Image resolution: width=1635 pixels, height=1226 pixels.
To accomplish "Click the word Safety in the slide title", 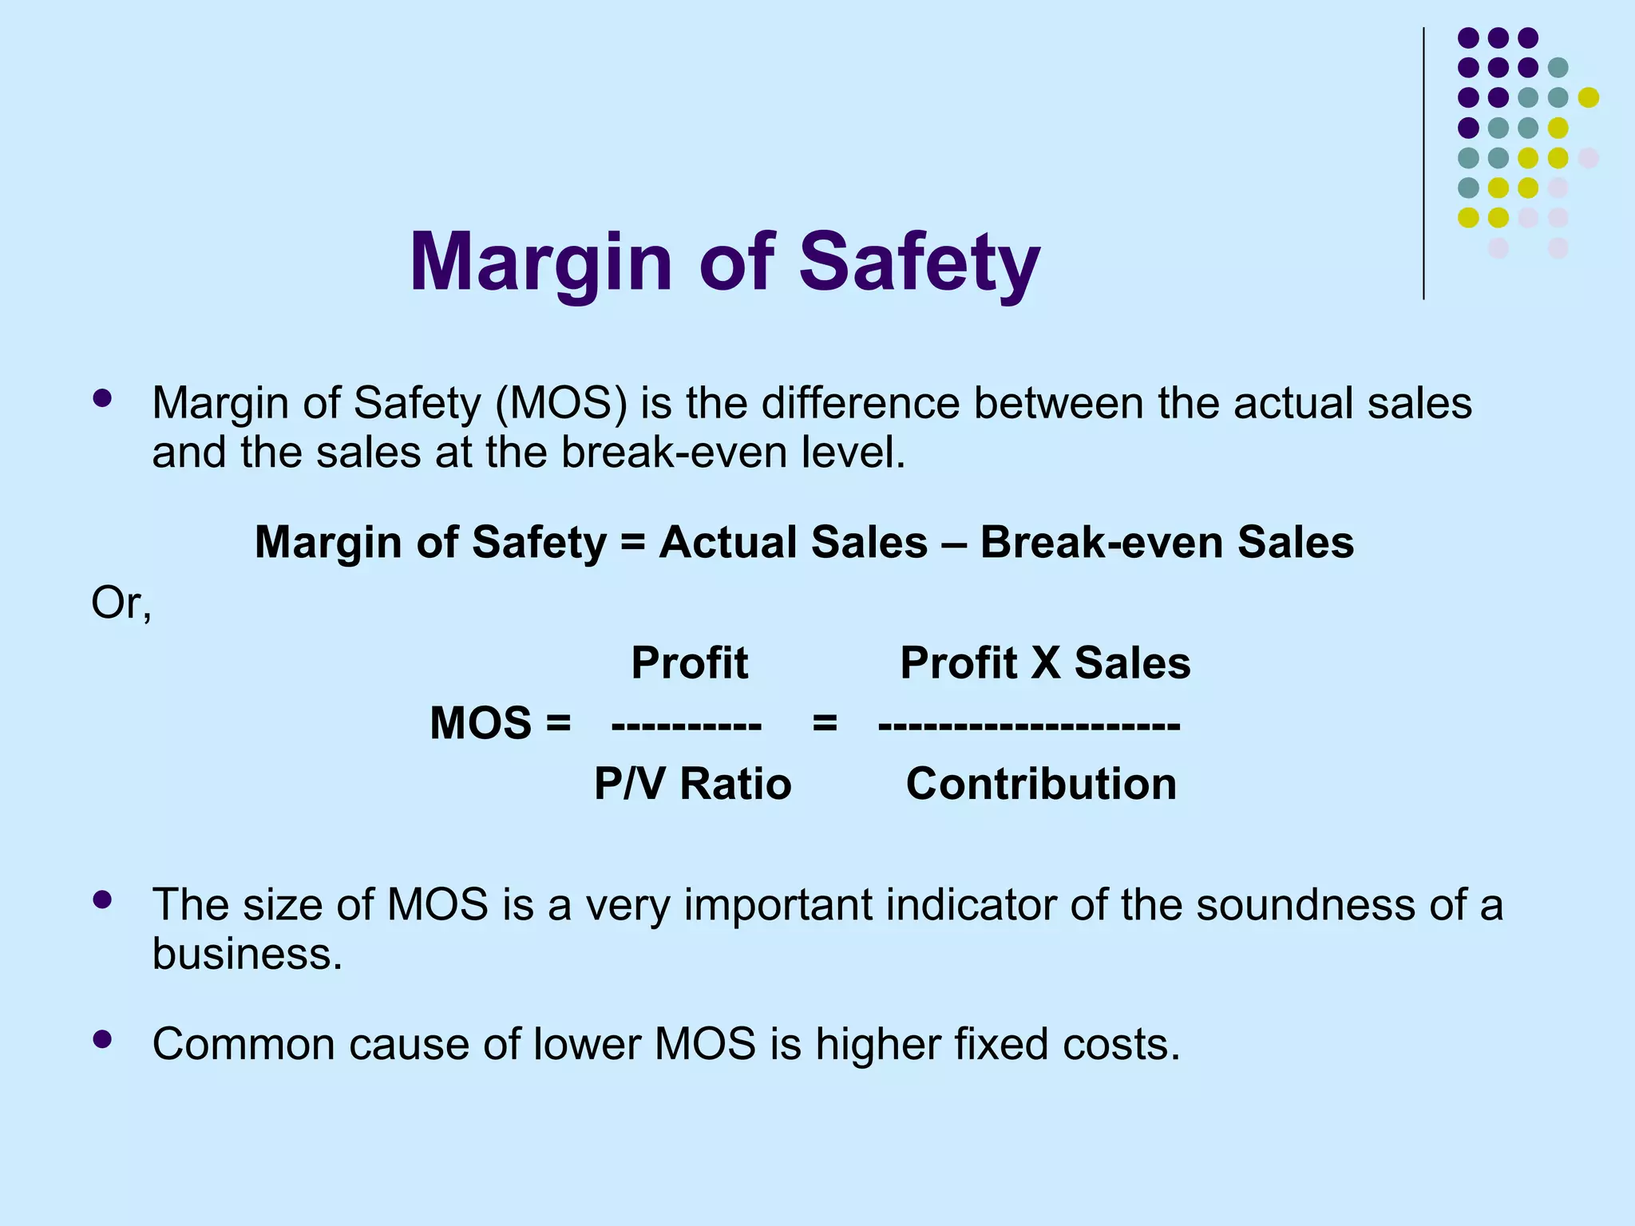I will tap(919, 263).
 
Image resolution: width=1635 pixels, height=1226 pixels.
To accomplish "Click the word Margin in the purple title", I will tap(541, 263).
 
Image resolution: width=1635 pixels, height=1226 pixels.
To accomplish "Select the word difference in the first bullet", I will tap(860, 403).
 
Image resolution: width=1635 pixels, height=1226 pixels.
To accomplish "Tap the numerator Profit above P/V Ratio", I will tap(690, 662).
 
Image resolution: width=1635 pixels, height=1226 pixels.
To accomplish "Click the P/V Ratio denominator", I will tap(692, 784).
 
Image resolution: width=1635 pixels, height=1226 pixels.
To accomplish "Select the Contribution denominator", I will tap(1041, 784).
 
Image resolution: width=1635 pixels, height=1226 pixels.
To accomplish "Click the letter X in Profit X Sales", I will tap(1044, 662).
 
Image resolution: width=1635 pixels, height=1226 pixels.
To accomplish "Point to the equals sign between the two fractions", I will tap(825, 723).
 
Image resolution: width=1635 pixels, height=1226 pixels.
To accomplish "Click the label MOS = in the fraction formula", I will tap(500, 723).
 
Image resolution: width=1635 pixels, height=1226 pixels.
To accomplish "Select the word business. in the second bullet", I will tap(247, 954).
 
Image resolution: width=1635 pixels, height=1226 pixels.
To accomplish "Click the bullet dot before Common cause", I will tap(102, 1038).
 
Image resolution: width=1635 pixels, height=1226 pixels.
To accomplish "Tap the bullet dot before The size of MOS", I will tap(102, 900).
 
